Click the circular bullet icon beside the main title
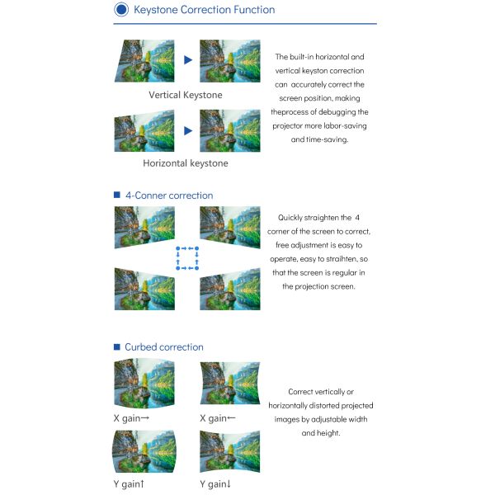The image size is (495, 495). [x=121, y=9]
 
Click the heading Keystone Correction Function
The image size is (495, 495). [x=205, y=10]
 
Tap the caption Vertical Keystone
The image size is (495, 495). [x=186, y=95]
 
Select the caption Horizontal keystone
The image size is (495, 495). [x=186, y=163]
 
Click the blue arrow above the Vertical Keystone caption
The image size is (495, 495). [x=188, y=59]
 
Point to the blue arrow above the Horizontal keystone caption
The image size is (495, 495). [x=188, y=130]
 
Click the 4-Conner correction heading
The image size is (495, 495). [x=169, y=196]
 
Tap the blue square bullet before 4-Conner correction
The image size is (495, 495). [x=117, y=195]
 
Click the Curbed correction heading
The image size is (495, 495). [x=164, y=347]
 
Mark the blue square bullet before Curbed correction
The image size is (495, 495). [x=117, y=347]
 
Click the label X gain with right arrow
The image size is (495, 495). [x=131, y=418]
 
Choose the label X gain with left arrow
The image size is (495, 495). [x=218, y=418]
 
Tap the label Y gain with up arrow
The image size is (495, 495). [x=129, y=484]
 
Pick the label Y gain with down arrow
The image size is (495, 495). [x=215, y=484]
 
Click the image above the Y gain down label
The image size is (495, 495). [x=230, y=451]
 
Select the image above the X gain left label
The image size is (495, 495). [x=230, y=384]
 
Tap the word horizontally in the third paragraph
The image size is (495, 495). [x=288, y=406]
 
